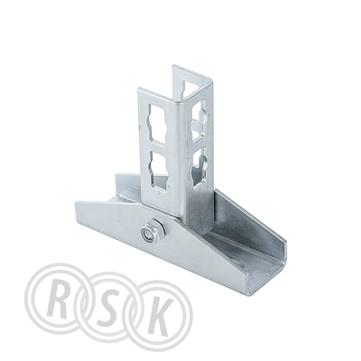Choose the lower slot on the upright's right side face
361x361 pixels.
199,168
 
